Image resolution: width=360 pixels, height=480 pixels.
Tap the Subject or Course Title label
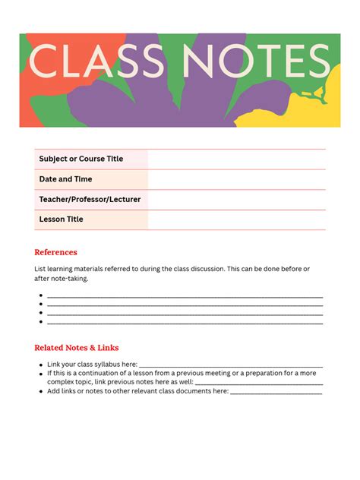click(81, 159)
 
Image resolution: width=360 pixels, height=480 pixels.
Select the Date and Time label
click(65, 179)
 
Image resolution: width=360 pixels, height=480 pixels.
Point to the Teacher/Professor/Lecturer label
click(90, 200)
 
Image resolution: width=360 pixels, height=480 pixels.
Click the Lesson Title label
click(61, 219)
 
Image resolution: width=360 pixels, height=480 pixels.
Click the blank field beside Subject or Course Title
click(236, 159)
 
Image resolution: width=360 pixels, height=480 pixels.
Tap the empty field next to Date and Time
click(236, 179)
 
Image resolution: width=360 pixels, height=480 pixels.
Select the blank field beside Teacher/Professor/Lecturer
click(236, 200)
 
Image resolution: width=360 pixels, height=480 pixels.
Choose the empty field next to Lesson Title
click(236, 219)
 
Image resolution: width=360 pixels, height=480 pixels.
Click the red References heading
click(55, 252)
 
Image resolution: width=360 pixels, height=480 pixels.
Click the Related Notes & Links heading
click(76, 348)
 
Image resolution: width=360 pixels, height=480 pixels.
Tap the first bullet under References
click(40, 296)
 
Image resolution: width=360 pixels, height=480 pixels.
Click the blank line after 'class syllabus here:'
click(231, 366)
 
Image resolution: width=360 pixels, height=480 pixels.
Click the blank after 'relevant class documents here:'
click(276, 393)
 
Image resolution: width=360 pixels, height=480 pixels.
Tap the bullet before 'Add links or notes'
click(40, 391)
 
